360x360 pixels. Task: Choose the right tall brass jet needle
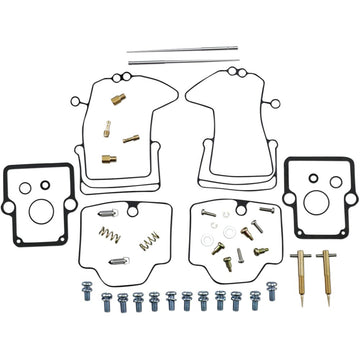click(325, 266)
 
